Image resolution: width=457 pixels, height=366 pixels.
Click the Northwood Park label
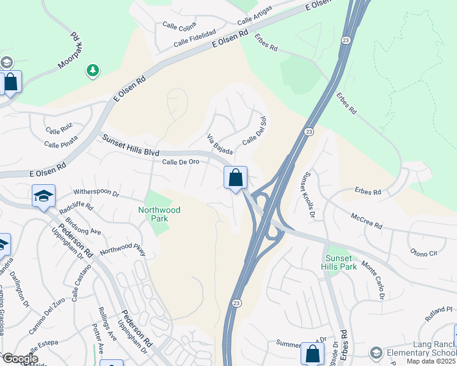[159, 214]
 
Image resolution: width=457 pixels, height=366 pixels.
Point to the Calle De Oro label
[181, 161]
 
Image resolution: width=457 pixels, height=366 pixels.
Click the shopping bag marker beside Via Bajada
[235, 178]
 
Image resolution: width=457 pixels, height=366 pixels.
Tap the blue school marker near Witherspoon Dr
[43, 196]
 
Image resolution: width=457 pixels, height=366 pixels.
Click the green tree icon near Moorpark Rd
[93, 71]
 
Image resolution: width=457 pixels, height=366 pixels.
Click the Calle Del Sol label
[254, 131]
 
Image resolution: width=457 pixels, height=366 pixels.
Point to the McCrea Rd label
[367, 221]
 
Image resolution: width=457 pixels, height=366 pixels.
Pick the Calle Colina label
[178, 25]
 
